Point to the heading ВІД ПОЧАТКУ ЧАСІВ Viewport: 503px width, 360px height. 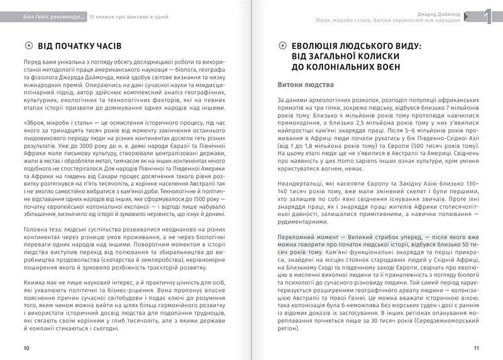pyautogui.click(x=80, y=46)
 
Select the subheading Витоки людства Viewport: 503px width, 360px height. pyautogui.click(x=305, y=84)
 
